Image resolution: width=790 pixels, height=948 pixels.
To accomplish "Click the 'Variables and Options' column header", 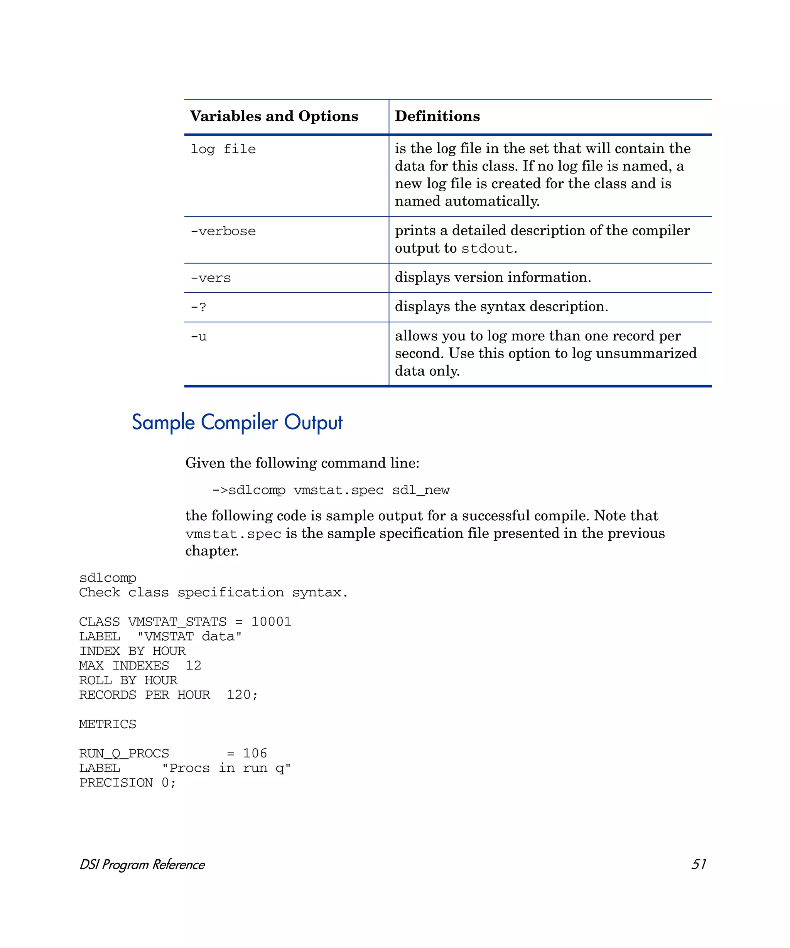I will (273, 116).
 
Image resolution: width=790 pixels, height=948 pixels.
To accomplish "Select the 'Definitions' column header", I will (437, 116).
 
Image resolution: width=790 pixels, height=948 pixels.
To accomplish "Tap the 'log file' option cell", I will (223, 149).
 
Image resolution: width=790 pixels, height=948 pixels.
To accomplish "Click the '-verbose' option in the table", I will (223, 231).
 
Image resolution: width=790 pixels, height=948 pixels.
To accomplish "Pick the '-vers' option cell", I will (210, 278).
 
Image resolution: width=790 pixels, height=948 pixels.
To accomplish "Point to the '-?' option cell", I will (198, 307).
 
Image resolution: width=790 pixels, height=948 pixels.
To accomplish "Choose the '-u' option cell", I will (199, 337).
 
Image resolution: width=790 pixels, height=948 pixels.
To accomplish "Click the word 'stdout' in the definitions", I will (487, 249).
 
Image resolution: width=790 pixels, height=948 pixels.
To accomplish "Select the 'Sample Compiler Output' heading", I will (237, 423).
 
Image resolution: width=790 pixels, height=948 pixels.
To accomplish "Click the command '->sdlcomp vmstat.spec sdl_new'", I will (331, 490).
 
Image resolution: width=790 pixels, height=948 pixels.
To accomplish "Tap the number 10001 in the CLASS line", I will (271, 622).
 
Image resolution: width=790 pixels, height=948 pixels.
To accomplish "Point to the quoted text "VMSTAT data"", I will (190, 636).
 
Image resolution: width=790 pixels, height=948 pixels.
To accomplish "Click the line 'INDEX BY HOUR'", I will (132, 651).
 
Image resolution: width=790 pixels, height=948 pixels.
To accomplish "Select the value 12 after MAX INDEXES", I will (193, 665).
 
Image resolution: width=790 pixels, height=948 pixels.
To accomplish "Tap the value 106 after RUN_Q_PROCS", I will (255, 754).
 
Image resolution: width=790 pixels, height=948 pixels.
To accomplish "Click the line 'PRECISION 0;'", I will (127, 783).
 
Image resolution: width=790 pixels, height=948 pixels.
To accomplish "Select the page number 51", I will (698, 864).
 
